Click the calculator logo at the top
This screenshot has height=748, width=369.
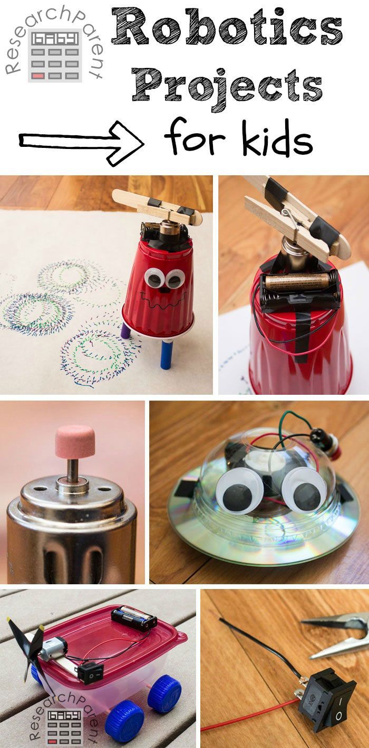point(55,55)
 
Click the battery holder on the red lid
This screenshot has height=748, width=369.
point(134,617)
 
